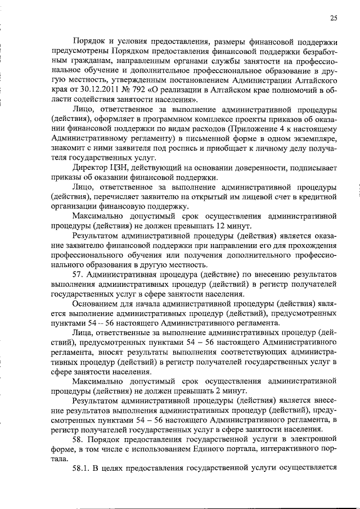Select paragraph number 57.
pyautogui.click(x=79, y=274)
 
